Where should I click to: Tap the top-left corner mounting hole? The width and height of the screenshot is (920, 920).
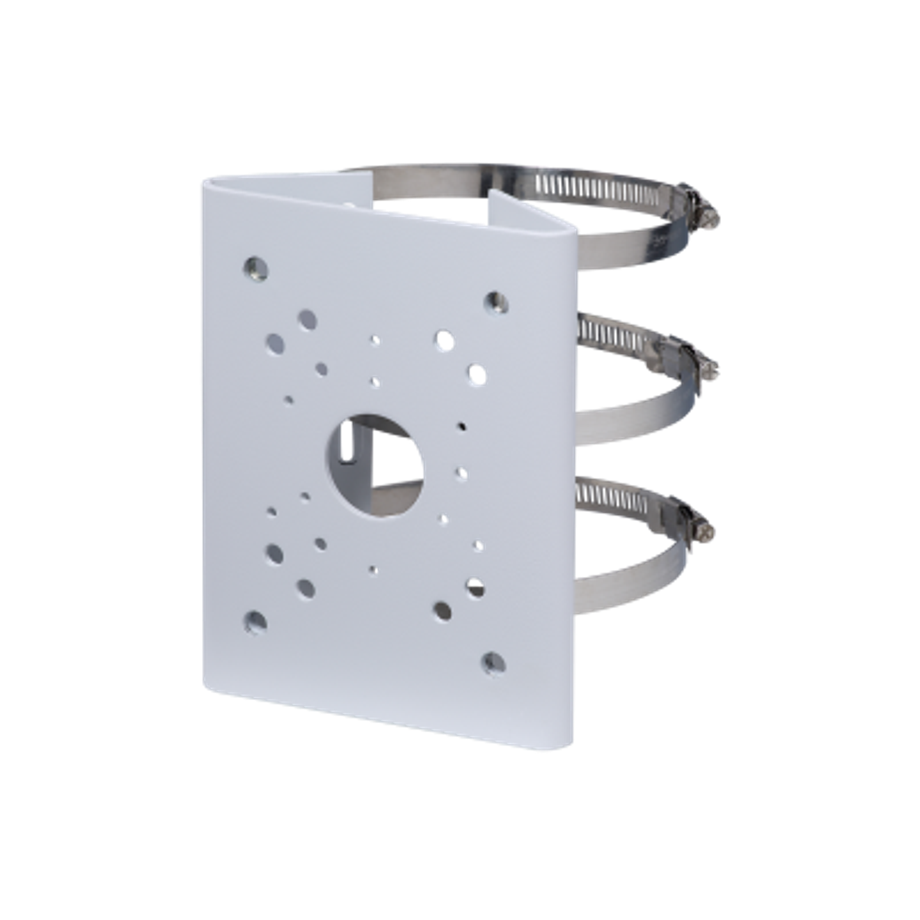pos(256,267)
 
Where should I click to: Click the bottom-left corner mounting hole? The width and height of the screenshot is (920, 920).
pos(256,620)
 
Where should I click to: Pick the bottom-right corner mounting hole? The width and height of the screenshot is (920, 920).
pos(493,663)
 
